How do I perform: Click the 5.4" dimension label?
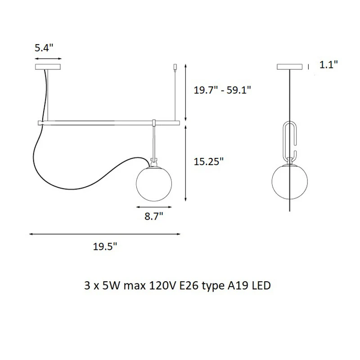44,48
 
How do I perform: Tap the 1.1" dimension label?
329,64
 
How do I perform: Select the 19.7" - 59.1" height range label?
222,90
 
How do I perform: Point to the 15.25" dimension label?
208,162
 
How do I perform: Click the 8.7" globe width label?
154,216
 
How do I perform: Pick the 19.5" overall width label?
105,247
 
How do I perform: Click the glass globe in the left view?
154,184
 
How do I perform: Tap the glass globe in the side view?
289,181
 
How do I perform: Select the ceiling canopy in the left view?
48,67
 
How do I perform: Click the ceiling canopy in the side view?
289,67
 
